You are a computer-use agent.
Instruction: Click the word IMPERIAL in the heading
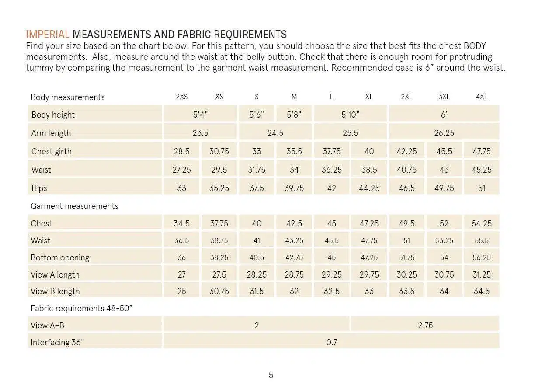47,35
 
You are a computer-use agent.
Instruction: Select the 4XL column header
482,97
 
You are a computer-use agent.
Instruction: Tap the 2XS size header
181,97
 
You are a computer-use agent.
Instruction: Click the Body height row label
53,115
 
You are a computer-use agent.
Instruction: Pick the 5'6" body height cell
257,115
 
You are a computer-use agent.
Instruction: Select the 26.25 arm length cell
444,133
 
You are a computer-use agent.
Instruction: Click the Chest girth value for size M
294,151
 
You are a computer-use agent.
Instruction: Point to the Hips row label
39,188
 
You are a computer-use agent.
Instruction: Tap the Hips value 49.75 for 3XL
444,188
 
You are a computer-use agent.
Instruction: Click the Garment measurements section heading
74,206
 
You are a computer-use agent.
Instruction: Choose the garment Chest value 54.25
482,223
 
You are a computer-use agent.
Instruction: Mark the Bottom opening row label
60,258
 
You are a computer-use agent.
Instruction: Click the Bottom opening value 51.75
406,257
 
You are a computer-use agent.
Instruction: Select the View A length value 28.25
257,274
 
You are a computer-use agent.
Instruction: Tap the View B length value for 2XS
181,291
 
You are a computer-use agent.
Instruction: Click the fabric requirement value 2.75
425,325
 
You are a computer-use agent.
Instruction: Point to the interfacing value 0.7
331,342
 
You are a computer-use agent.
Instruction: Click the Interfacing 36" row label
57,342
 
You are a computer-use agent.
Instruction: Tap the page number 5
271,375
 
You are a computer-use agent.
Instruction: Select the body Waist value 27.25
181,170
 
